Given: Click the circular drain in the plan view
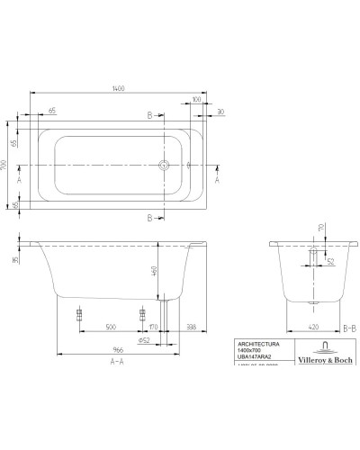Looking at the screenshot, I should pyautogui.click(x=164, y=166).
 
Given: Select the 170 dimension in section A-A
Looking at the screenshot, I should pyautogui.click(x=153, y=328).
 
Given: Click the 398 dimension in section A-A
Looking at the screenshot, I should pyautogui.click(x=190, y=328).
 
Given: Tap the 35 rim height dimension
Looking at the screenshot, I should pyautogui.click(x=15, y=260).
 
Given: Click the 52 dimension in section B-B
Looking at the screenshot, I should pyautogui.click(x=330, y=262).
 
